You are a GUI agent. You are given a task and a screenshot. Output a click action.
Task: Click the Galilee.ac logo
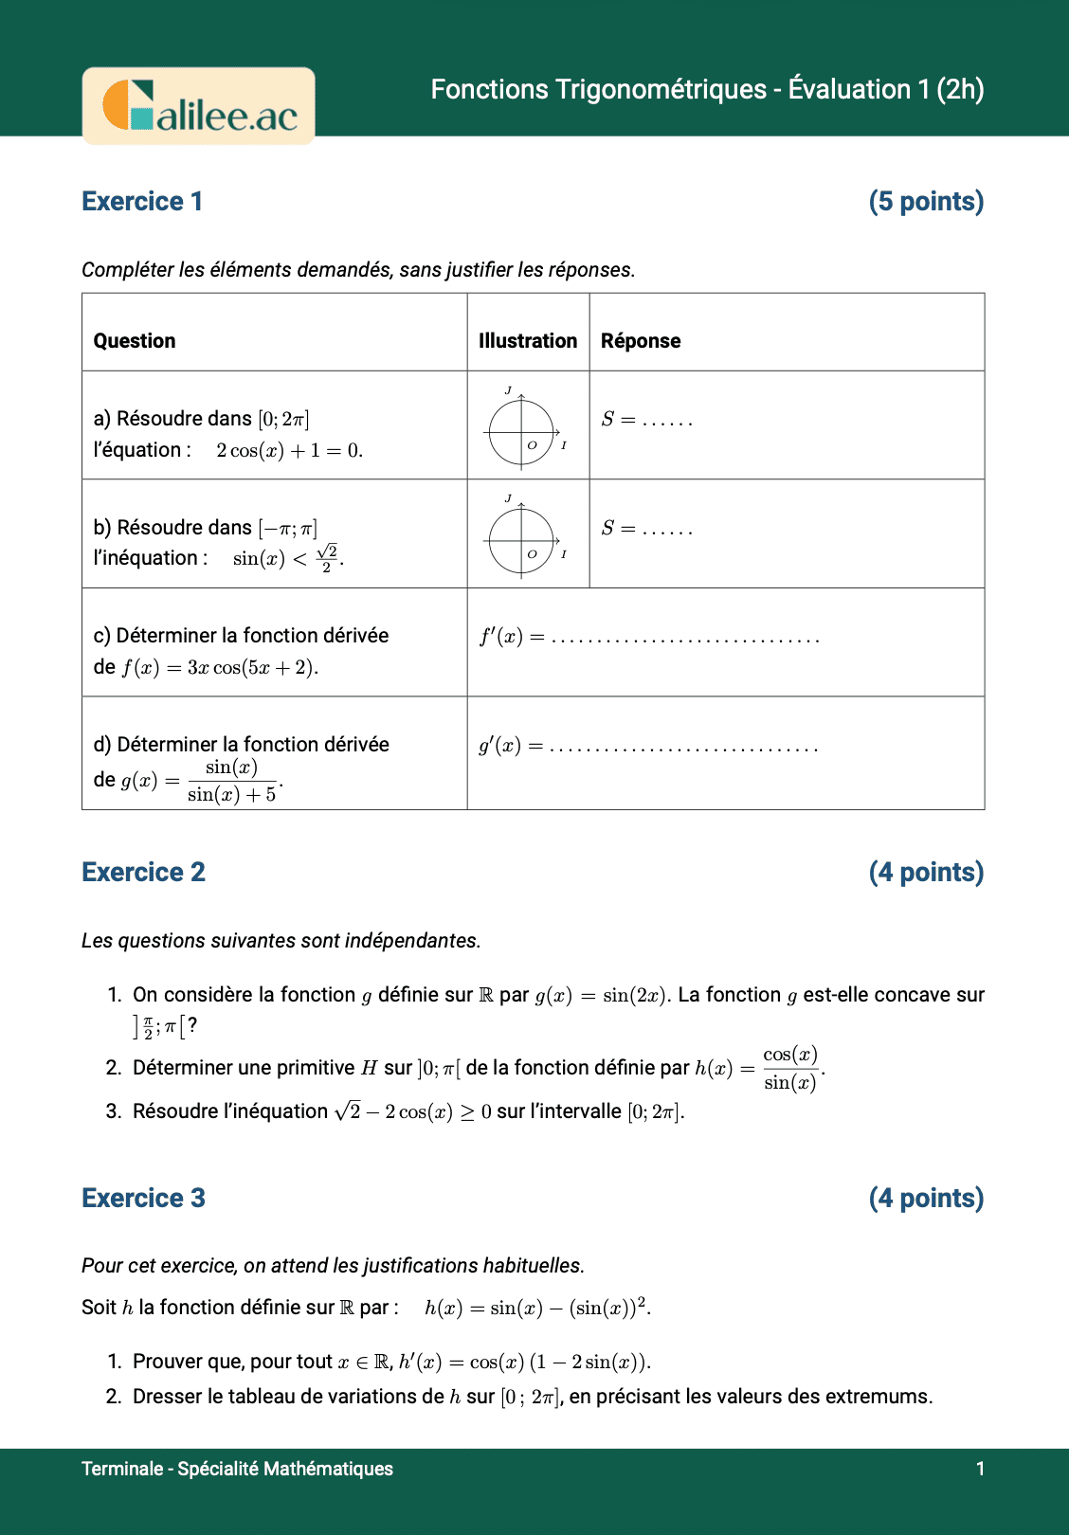point(199,106)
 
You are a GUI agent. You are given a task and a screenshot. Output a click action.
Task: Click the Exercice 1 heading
point(142,202)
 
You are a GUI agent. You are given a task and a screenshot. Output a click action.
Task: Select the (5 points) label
point(926,202)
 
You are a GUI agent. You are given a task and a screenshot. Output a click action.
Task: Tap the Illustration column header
point(528,341)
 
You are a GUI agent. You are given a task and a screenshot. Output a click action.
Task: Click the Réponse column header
point(641,341)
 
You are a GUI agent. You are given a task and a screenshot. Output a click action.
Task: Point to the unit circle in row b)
point(521,541)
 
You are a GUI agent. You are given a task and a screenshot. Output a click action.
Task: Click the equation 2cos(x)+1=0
point(289,451)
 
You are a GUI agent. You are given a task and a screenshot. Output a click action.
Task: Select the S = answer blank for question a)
point(647,420)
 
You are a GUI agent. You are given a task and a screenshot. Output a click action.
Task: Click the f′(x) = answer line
point(649,638)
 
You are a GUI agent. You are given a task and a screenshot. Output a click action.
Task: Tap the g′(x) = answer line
point(648,747)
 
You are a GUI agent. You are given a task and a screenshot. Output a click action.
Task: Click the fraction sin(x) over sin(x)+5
point(231,781)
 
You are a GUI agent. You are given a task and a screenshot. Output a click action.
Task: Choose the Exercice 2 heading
point(143,873)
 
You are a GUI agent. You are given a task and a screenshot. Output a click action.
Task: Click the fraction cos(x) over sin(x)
point(790,1069)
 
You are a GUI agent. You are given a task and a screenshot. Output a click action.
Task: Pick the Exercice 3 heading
point(143,1199)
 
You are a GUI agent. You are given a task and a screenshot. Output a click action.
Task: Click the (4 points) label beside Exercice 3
point(926,1199)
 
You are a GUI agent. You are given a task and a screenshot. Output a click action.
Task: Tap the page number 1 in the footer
point(980,1469)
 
